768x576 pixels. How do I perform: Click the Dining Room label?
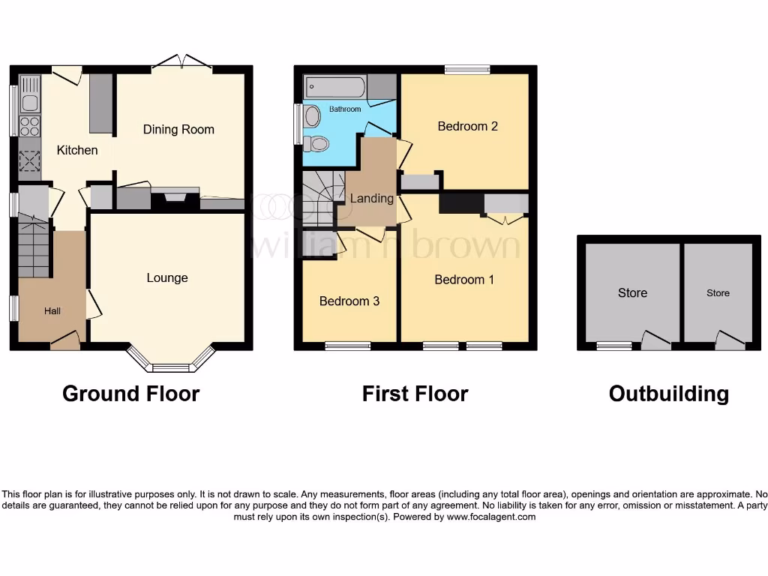pos(178,129)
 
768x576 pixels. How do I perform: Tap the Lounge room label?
pos(167,277)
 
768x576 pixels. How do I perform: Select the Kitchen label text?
pos(77,150)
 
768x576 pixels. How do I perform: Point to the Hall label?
pos(52,311)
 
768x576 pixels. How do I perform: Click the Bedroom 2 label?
pos(468,126)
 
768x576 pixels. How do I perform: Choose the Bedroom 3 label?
pos(349,301)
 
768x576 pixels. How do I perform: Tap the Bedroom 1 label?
pos(464,280)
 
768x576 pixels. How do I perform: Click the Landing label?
pos(371,198)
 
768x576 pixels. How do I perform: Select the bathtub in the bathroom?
pos(335,87)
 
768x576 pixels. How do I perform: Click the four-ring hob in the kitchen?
pos(29,124)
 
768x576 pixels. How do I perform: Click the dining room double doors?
pos(181,62)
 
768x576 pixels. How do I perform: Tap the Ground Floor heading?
pos(130,394)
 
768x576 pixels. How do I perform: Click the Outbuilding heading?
pos(668,394)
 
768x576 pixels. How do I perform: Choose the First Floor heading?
pos(415,394)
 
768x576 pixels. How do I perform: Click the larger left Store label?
pos(632,293)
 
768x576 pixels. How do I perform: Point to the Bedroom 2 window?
pos(466,70)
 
